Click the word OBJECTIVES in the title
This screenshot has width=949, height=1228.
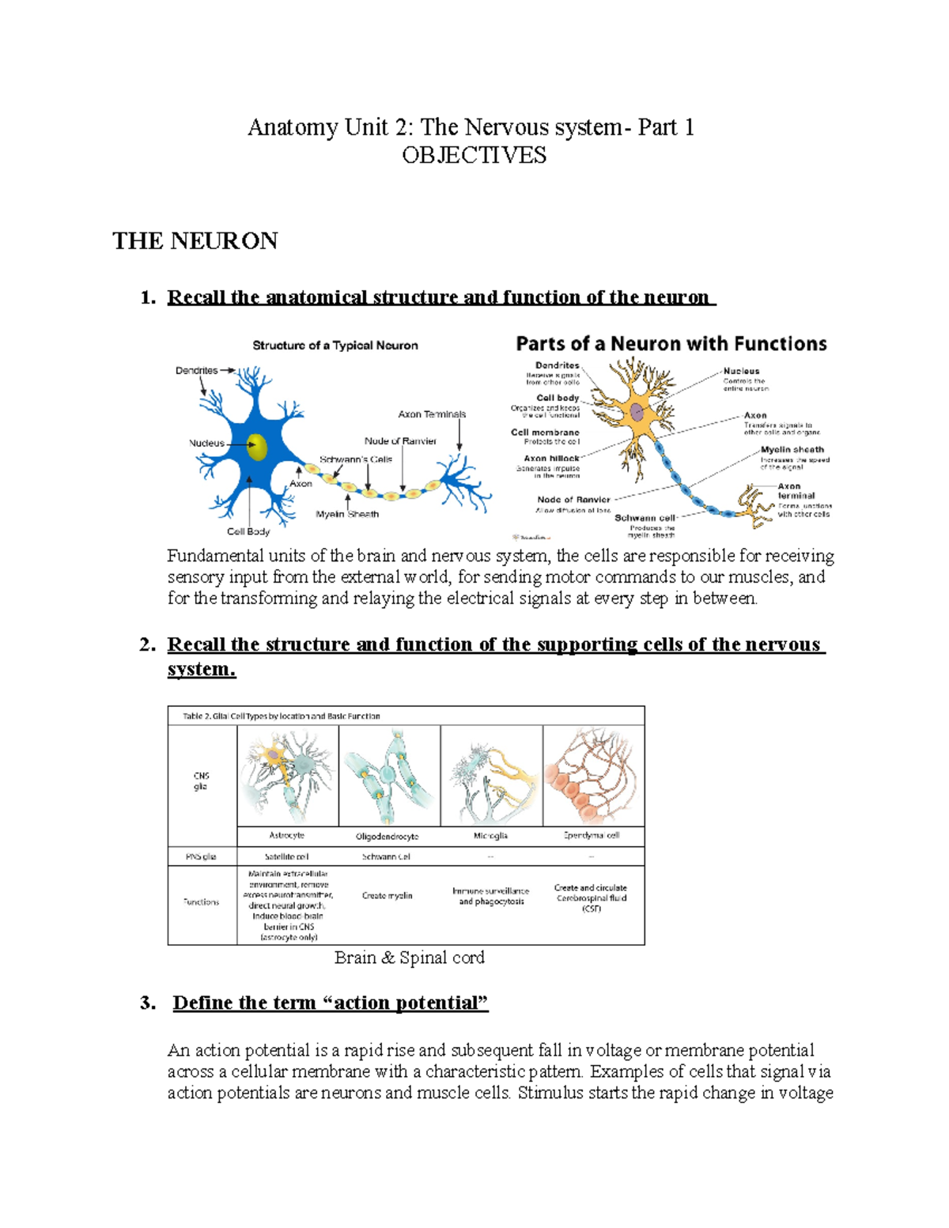tap(474, 155)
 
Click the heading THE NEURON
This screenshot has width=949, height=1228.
tap(195, 241)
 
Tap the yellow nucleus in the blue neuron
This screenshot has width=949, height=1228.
tap(257, 447)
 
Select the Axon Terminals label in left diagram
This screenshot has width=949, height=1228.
tap(432, 414)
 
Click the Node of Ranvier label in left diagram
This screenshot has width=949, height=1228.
tap(400, 441)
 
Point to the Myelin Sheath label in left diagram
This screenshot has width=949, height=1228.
tap(347, 514)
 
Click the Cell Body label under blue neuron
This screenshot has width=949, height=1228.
tap(248, 531)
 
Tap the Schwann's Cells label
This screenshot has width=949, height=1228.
tap(356, 459)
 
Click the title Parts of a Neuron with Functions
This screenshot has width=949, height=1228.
tap(671, 344)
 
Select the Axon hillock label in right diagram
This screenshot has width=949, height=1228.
tap(551, 459)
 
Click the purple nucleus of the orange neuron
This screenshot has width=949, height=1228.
tap(637, 410)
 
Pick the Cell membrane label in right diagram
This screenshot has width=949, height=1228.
tap(545, 433)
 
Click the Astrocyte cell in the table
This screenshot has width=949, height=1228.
tap(287, 776)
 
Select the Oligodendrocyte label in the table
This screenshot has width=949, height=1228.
tap(388, 836)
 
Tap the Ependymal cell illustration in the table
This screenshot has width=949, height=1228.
tap(593, 776)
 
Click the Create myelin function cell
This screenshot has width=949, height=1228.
tap(388, 896)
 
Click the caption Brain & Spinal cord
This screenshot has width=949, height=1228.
tap(409, 958)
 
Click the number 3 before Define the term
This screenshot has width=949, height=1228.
tap(146, 1003)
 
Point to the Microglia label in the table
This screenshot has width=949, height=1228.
tap(490, 836)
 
